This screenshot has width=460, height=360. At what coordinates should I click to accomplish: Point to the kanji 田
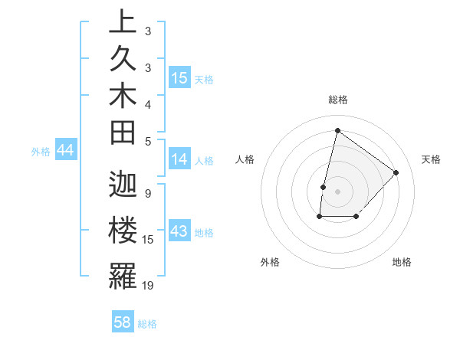click(122, 133)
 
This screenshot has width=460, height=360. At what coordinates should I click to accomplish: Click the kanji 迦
click(122, 185)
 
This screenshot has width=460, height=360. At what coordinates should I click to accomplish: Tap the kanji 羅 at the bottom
click(122, 275)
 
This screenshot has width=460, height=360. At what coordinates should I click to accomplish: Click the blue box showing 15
click(179, 77)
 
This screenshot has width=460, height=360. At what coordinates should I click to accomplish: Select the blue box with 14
click(179, 159)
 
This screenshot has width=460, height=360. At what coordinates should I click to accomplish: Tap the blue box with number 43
click(179, 231)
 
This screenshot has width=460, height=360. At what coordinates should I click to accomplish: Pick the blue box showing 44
click(65, 150)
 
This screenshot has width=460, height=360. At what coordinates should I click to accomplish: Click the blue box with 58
click(123, 322)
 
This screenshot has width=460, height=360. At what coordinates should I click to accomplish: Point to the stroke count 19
click(148, 285)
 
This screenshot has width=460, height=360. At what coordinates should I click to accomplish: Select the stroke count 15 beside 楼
click(148, 240)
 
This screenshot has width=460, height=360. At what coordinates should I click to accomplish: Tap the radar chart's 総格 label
click(337, 100)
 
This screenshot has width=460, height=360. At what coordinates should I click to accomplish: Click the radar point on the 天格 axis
click(396, 172)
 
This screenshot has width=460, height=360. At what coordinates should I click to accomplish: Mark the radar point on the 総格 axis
click(337, 130)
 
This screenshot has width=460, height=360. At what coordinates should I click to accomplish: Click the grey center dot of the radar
click(337, 191)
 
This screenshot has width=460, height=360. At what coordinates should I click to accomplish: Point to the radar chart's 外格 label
click(270, 262)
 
